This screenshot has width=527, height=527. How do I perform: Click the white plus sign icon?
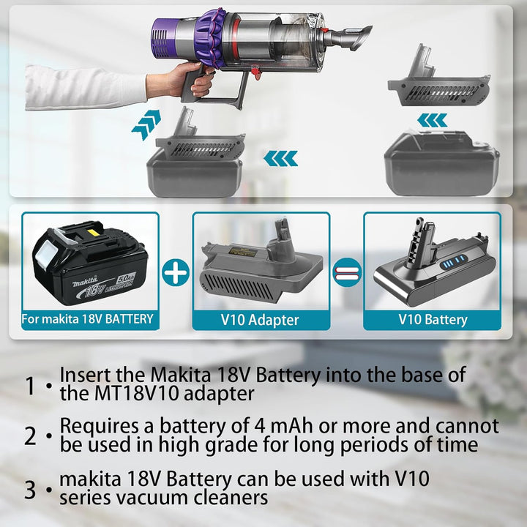[x=176, y=272]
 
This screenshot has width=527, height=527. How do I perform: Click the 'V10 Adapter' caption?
[x=261, y=320]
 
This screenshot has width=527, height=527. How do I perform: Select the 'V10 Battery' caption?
[x=433, y=320]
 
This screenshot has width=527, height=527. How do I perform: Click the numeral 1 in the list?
[x=30, y=386]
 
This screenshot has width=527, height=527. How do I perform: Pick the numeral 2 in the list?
[x=30, y=436]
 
